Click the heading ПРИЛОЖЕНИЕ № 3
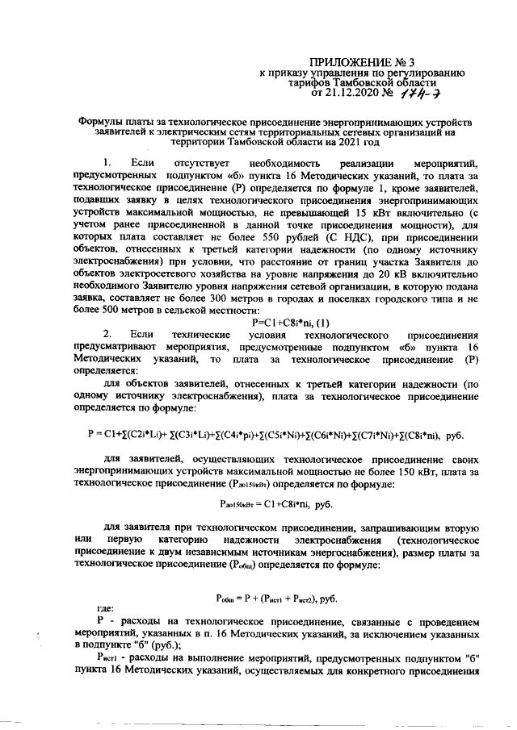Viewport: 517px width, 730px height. click(367, 61)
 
